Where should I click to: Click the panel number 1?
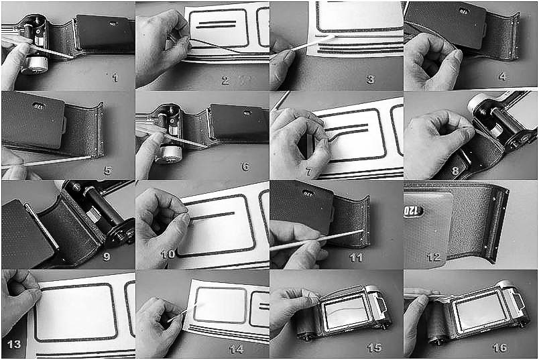[x=115, y=78]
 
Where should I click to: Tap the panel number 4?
[x=502, y=76]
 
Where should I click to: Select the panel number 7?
[x=308, y=172]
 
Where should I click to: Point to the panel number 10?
[x=168, y=255]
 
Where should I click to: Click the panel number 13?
[x=14, y=344]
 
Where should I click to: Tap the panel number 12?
[x=433, y=257]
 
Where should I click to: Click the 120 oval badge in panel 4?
[x=463, y=11]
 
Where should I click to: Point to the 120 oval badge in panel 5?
[x=39, y=106]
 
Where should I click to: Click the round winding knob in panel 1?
[x=34, y=64]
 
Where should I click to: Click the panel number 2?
[x=225, y=80]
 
